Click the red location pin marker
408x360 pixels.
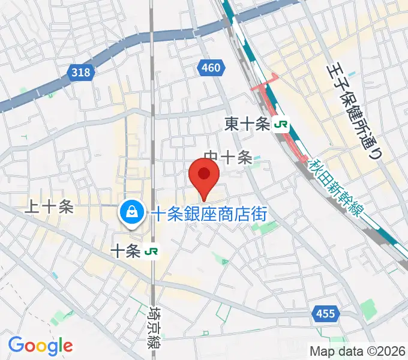tap(203, 176)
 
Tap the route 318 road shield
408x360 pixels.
tap(80, 72)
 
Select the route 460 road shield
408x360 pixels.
tap(211, 68)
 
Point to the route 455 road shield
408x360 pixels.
tap(327, 313)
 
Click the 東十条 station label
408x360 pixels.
tap(247, 124)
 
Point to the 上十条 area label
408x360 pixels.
tap(49, 207)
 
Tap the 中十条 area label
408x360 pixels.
tap(228, 158)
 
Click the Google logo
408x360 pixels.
tap(40, 346)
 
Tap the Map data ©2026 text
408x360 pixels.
tap(358, 350)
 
